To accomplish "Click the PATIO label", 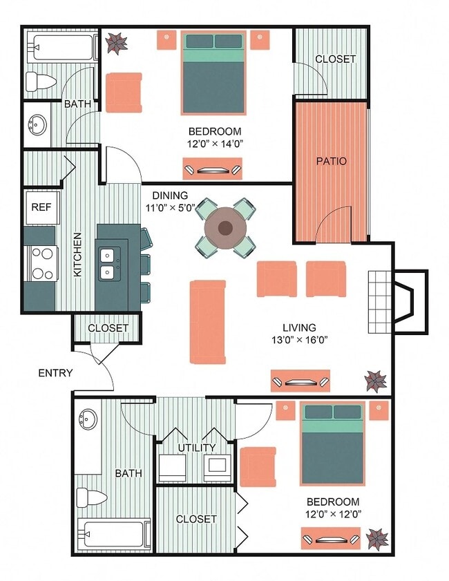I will [331, 161].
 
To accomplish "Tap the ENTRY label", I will [55, 373].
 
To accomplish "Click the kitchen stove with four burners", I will [40, 263].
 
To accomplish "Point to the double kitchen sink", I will [110, 263].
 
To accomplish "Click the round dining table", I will [225, 228].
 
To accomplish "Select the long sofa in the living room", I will [208, 321].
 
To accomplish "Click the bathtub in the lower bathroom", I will [113, 535].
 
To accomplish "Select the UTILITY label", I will [197, 448].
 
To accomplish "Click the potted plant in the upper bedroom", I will [116, 43].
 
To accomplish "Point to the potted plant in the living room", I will [376, 379].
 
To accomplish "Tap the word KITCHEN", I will [78, 254].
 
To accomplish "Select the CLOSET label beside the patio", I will [335, 59].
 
